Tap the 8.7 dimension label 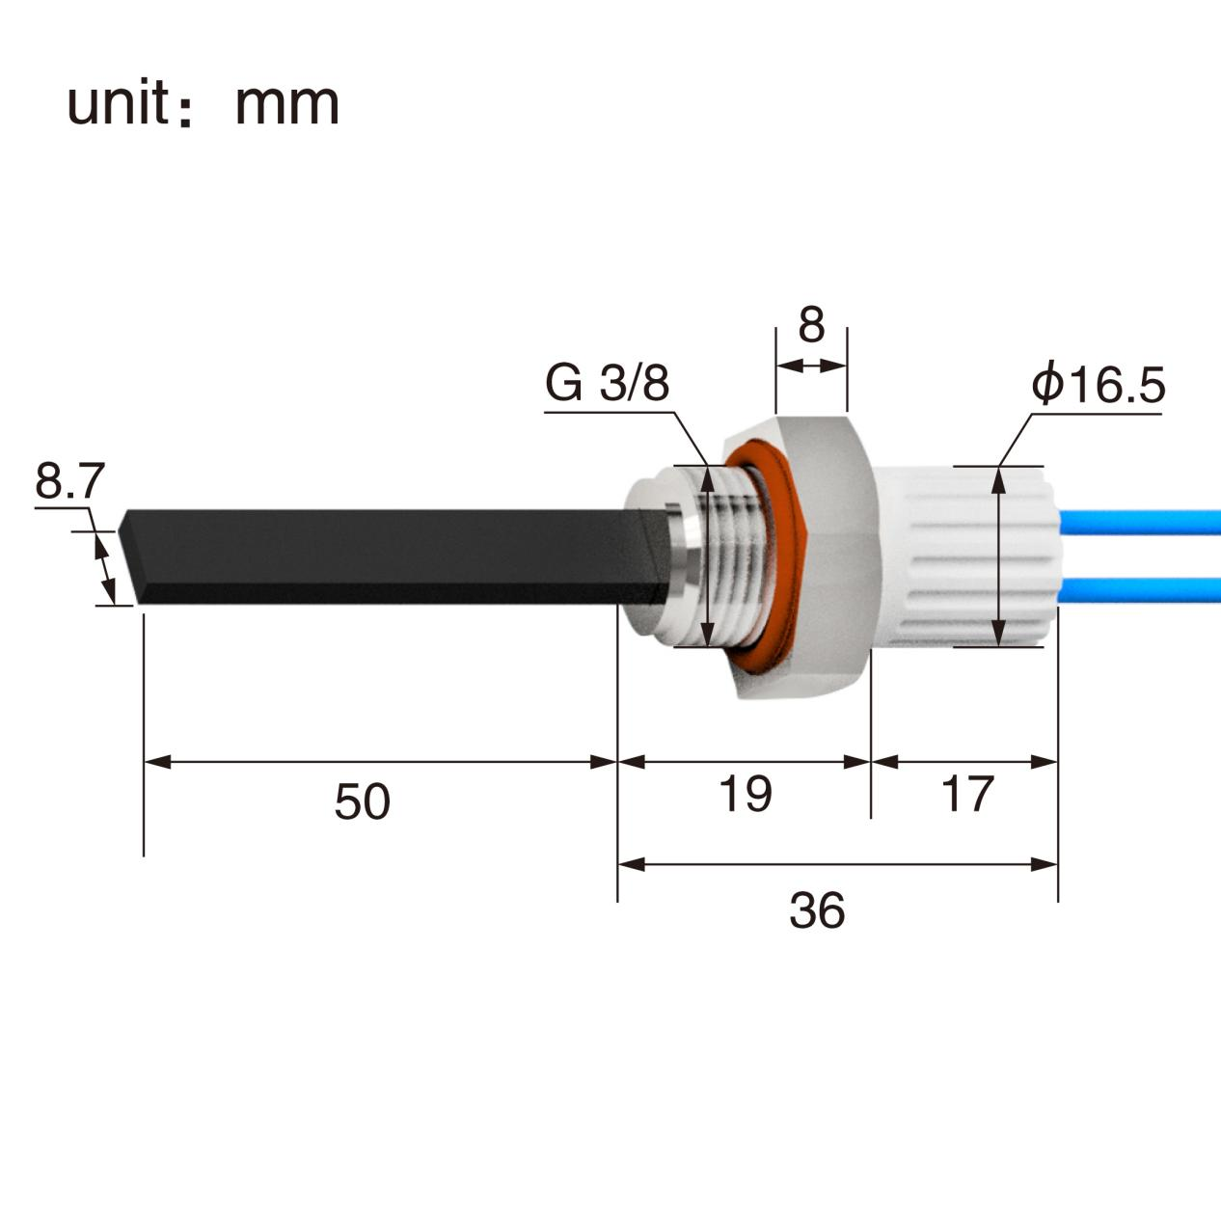68,481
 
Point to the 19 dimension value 745,794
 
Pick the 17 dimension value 965,794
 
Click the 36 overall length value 816,910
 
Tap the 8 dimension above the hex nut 811,325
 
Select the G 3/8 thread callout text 608,384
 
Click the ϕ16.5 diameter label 1098,385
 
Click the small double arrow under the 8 811,366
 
